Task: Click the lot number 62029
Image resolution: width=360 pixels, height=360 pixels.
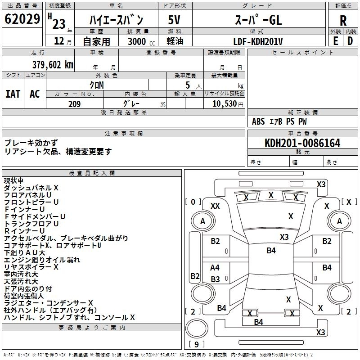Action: tap(22, 19)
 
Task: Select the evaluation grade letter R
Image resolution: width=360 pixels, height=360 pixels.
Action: tap(343, 20)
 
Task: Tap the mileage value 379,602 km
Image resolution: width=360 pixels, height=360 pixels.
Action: tap(53, 64)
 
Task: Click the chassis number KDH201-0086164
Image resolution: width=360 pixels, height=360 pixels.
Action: tap(302, 143)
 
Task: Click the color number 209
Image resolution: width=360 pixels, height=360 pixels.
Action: tap(75, 104)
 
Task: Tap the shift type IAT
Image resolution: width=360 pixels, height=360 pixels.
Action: tap(13, 94)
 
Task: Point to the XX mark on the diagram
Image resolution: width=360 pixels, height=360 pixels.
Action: tap(215, 206)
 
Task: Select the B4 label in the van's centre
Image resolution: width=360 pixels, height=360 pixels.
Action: tap(271, 251)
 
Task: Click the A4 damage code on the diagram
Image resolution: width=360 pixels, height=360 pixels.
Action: tap(215, 268)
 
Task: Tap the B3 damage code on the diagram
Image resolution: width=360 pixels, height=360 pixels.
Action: tap(215, 279)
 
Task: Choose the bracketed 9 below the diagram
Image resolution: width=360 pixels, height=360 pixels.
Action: tap(196, 344)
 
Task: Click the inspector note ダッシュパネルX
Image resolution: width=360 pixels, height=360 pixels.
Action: tap(31, 188)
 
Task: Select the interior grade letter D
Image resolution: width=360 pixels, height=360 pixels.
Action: tap(350, 40)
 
